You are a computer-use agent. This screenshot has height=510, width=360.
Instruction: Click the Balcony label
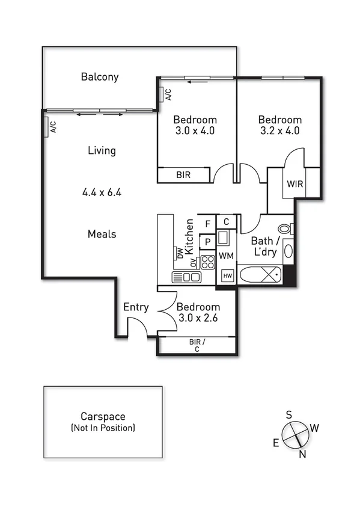click(100, 77)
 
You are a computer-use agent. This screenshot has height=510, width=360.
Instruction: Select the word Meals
click(102, 234)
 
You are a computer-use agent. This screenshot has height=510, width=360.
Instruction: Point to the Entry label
click(136, 307)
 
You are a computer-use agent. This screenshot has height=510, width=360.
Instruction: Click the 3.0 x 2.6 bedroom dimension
click(198, 318)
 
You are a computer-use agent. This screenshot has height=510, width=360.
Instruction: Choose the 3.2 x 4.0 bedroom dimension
click(279, 131)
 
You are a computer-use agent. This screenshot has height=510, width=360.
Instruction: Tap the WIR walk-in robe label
click(294, 183)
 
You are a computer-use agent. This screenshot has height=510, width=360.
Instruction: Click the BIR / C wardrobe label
click(197, 345)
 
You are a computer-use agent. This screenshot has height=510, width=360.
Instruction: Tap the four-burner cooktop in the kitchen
click(207, 262)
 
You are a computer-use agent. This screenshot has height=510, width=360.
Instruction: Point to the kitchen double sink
click(186, 277)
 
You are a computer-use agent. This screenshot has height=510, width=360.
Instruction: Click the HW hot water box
click(227, 276)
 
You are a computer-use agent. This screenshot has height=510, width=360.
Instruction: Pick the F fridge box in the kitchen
click(207, 224)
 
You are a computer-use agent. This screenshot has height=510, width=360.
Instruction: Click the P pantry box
click(207, 241)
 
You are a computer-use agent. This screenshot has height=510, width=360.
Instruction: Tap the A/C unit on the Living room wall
click(47, 127)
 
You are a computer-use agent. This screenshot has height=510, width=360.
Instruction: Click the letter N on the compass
click(302, 454)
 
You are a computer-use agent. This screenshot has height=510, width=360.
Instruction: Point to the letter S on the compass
click(288, 414)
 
